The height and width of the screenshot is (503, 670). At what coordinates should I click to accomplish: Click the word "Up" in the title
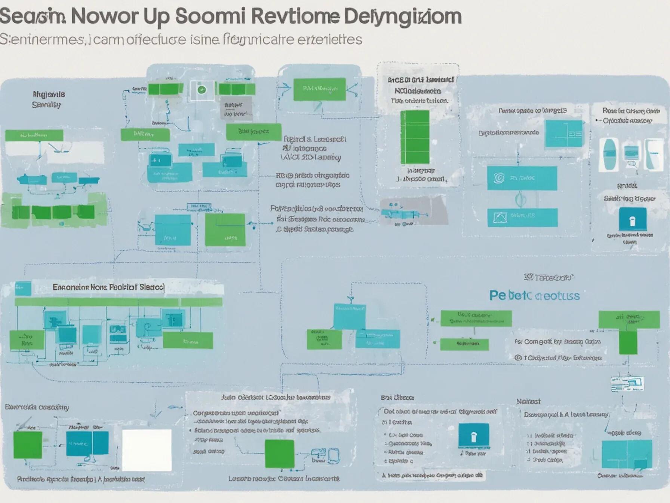point(154,16)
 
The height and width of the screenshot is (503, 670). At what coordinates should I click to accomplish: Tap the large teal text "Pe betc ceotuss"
point(534,296)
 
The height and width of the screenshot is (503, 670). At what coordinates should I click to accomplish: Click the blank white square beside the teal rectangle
point(147,450)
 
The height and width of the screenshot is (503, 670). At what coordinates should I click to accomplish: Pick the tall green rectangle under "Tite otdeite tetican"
point(415,137)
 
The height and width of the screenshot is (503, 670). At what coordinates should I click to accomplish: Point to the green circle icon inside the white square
point(202,90)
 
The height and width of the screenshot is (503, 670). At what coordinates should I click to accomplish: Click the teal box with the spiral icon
point(522,178)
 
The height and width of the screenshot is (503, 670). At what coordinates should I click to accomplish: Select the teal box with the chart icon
point(522,217)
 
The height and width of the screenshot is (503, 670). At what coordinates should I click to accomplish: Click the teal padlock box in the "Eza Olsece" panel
point(473,436)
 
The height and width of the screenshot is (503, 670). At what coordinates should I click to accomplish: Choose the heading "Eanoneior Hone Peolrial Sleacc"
point(108,287)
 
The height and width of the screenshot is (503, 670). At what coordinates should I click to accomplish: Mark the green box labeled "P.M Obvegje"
point(319,89)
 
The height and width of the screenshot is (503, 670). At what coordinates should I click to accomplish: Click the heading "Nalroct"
point(528,401)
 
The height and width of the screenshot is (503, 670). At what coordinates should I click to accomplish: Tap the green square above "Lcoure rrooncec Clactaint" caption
point(279,454)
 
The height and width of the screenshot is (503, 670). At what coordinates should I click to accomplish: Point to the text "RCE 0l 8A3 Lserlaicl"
point(420,80)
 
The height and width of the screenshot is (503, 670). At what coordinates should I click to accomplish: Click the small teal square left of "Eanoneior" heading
point(23,288)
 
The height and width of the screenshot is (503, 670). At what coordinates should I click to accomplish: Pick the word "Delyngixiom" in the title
point(405,16)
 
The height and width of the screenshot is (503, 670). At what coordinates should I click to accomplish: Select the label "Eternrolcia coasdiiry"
point(37,407)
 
